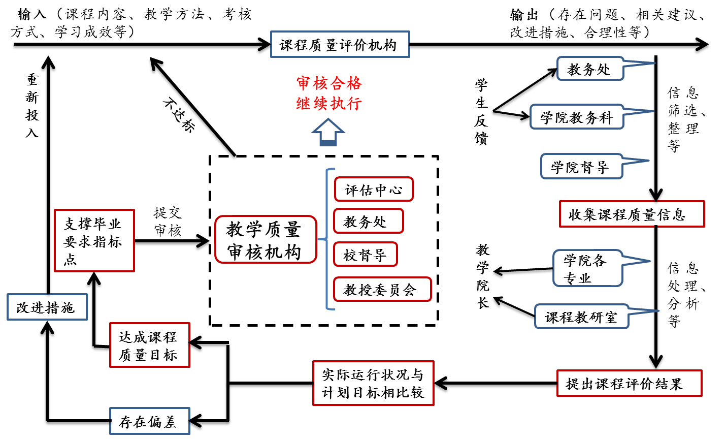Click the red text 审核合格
click(x=329, y=83)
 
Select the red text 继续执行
click(x=329, y=104)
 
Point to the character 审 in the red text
click(x=304, y=83)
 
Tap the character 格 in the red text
click(x=354, y=83)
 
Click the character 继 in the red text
click(x=304, y=104)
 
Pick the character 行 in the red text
click(x=354, y=104)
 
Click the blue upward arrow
click(x=328, y=132)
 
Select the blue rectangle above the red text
click(x=340, y=44)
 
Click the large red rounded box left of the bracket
click(x=266, y=239)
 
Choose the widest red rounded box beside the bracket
click(x=382, y=289)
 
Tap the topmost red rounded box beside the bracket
click(x=374, y=189)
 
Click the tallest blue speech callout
click(x=588, y=268)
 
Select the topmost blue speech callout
click(x=590, y=69)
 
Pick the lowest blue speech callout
click(x=582, y=316)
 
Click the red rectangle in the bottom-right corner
click(x=630, y=383)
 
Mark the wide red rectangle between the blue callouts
click(x=632, y=214)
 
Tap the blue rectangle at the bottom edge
click(x=150, y=421)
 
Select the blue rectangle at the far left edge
click(x=47, y=307)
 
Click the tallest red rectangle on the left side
click(x=94, y=240)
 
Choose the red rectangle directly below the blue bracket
click(x=373, y=383)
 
